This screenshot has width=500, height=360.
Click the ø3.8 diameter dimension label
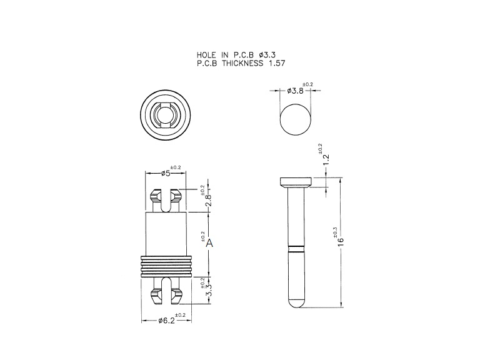[x=295, y=91]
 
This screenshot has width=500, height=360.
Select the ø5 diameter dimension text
[x=166, y=173]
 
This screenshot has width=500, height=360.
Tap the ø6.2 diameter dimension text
[x=166, y=321]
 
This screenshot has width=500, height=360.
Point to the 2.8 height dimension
[x=208, y=200]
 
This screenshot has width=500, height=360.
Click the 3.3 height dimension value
[x=208, y=290]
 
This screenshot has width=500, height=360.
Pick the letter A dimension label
[x=209, y=243]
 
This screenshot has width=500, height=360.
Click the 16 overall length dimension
[x=341, y=241]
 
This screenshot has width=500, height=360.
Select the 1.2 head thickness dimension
[x=326, y=160]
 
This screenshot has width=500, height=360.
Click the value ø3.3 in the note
[x=267, y=55]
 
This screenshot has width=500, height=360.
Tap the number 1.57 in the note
[x=277, y=63]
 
